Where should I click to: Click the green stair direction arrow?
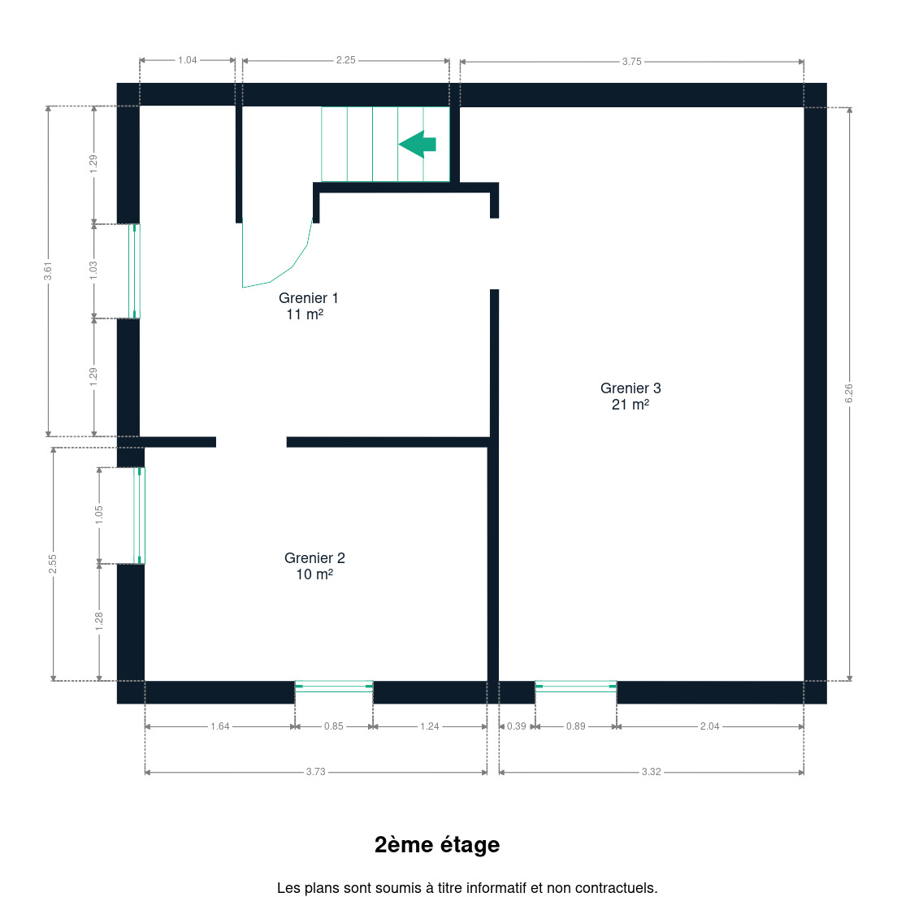pos(418,144)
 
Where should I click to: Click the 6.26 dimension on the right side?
pos(849,393)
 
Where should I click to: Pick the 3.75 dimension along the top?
pos(631,62)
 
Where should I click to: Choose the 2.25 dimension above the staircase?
pos(345,60)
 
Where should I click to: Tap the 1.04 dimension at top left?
pos(187,60)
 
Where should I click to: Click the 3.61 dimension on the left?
pos(48,271)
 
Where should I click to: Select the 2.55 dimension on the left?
pos(53,564)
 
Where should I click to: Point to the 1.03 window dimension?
pos(93,271)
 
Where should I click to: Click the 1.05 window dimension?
pos(99,515)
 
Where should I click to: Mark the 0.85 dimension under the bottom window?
pos(333,726)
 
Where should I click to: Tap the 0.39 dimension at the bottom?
pos(517,726)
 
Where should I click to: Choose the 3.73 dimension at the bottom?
pos(316,772)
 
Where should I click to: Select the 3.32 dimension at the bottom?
pos(651,772)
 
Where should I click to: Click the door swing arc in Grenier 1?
pos(292,267)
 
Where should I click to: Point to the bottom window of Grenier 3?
pos(576,687)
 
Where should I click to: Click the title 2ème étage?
pos(437,845)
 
